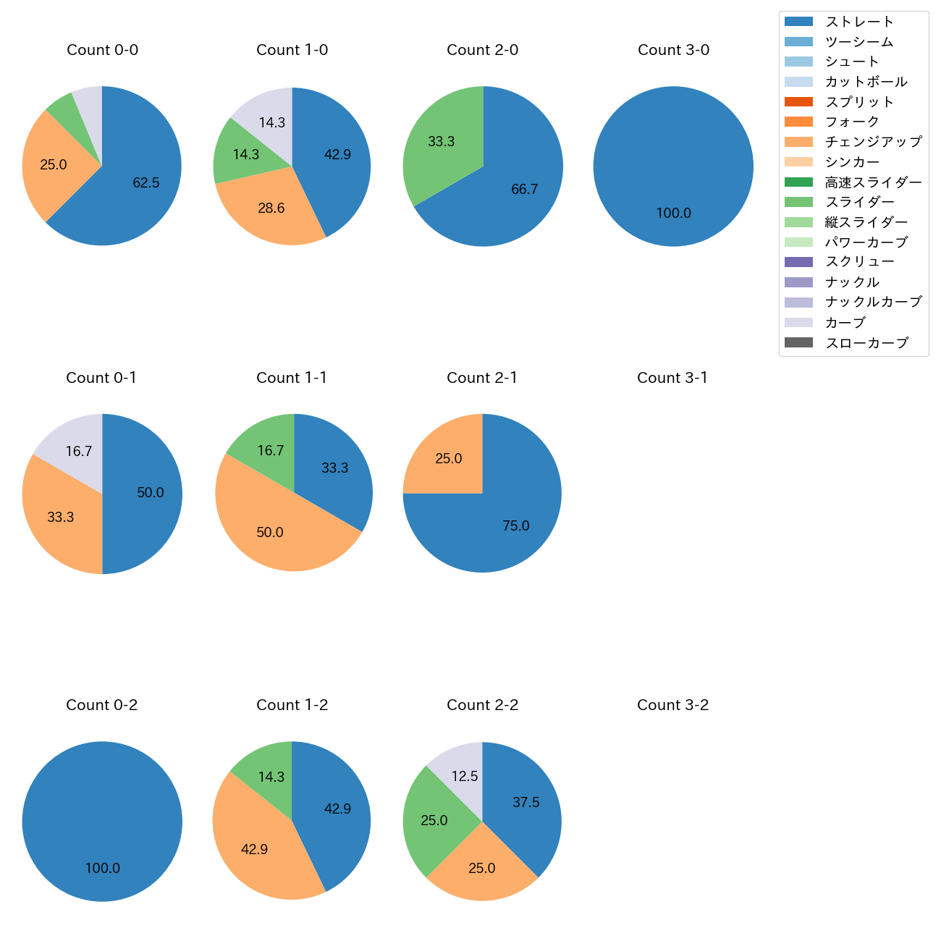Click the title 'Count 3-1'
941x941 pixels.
point(672,378)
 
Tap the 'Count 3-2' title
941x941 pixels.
point(672,705)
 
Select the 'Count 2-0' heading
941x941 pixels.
point(482,50)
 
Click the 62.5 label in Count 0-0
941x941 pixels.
point(146,183)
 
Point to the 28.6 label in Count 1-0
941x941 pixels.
point(271,208)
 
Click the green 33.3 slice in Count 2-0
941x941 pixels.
point(441,142)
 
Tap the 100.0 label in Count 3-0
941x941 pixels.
point(673,214)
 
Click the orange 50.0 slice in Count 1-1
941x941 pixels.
point(269,533)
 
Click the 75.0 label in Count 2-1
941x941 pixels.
point(515,526)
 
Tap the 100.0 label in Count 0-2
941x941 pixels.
point(102,869)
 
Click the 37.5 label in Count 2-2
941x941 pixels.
point(526,803)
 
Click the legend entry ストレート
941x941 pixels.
point(859,22)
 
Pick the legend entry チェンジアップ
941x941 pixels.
point(873,142)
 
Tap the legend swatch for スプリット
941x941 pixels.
point(798,102)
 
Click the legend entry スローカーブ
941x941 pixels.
point(866,343)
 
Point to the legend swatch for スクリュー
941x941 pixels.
point(798,262)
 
